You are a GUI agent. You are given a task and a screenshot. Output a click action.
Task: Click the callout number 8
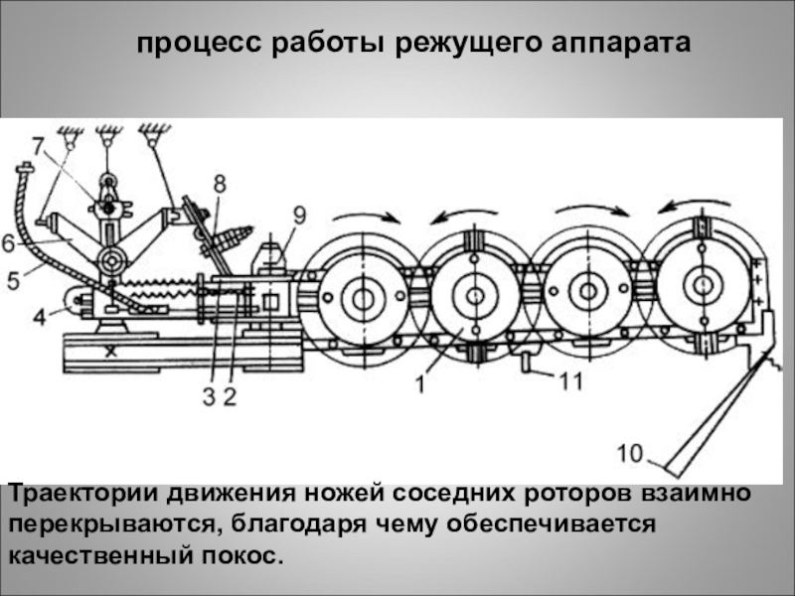(x=219, y=183)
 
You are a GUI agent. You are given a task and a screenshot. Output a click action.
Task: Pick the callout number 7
(x=38, y=146)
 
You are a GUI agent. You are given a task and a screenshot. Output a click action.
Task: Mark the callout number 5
(x=12, y=280)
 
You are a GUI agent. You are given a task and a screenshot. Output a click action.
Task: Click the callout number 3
(x=209, y=397)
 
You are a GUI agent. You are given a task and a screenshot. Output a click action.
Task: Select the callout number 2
(x=230, y=397)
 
